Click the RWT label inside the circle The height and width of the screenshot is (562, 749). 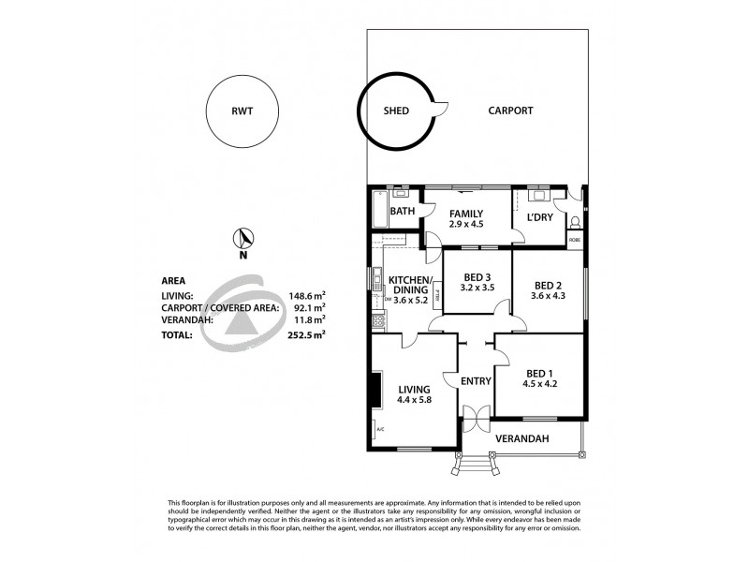(x=242, y=111)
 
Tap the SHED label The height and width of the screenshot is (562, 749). (x=396, y=111)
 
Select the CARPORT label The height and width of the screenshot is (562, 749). (x=510, y=111)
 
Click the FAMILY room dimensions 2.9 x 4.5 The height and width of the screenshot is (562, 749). (x=465, y=224)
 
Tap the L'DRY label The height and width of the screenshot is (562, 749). (x=539, y=217)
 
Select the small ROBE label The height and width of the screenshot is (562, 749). (x=575, y=241)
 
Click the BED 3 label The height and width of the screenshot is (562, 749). (x=477, y=277)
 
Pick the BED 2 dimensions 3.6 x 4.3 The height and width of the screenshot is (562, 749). (x=548, y=296)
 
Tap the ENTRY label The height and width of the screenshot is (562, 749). (x=477, y=381)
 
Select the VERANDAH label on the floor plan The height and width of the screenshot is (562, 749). (x=521, y=438)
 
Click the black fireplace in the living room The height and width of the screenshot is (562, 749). (x=375, y=390)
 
